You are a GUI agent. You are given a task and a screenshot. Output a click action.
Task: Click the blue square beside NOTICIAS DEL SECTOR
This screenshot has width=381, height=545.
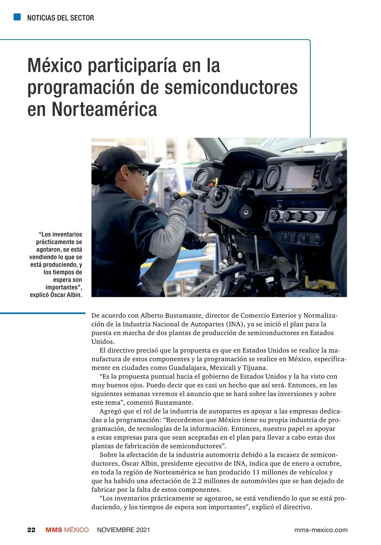point(17,17)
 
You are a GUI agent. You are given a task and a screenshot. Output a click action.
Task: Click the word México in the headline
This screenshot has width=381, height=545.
point(55,66)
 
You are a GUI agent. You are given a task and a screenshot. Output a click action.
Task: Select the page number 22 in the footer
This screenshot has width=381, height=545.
point(31,530)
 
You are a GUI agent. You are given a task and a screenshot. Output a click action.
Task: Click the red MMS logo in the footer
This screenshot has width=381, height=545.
point(54,530)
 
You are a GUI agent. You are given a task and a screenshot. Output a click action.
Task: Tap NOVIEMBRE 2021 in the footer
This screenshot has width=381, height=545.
point(123,530)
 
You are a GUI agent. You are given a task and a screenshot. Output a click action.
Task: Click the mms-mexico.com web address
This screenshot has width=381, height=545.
point(321,530)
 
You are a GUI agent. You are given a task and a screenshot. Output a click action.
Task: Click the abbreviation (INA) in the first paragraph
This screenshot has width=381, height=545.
point(235,324)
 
